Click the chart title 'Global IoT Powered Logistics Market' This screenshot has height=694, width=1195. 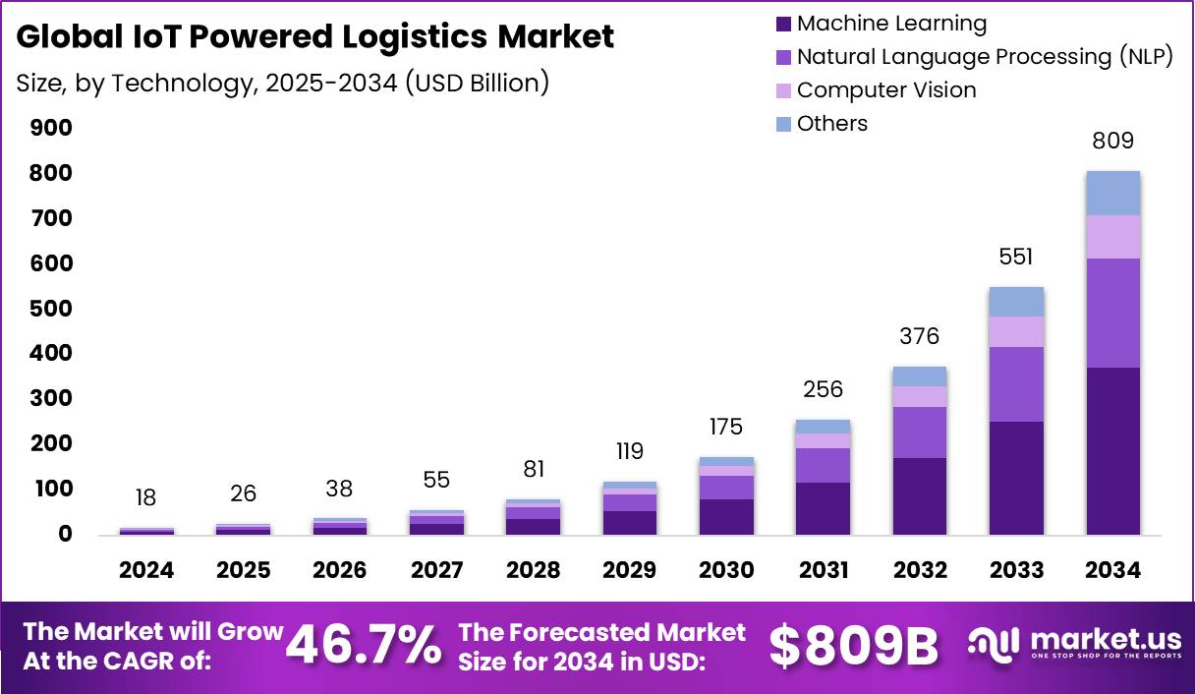click(x=315, y=36)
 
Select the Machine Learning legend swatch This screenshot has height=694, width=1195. click(x=783, y=24)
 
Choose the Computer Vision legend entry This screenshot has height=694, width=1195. click(x=885, y=90)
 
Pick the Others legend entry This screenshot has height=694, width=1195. click(x=831, y=124)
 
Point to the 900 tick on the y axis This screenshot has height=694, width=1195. click(x=51, y=128)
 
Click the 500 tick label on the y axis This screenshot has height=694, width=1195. click(x=51, y=309)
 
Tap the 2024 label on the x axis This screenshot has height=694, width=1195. click(x=146, y=571)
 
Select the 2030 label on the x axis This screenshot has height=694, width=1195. click(x=726, y=571)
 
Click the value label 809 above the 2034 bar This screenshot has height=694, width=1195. click(x=1112, y=141)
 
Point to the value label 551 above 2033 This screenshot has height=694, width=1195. click(x=1016, y=258)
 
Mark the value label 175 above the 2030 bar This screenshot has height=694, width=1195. click(x=726, y=428)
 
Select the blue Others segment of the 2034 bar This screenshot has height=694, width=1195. click(x=1112, y=193)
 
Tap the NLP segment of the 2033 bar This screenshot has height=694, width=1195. click(x=1016, y=383)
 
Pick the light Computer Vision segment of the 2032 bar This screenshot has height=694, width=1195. click(x=920, y=396)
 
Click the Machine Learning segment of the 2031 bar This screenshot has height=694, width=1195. click(x=823, y=508)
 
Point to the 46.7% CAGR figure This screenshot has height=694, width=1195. click(x=364, y=646)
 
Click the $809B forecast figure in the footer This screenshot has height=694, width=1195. click(x=853, y=646)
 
